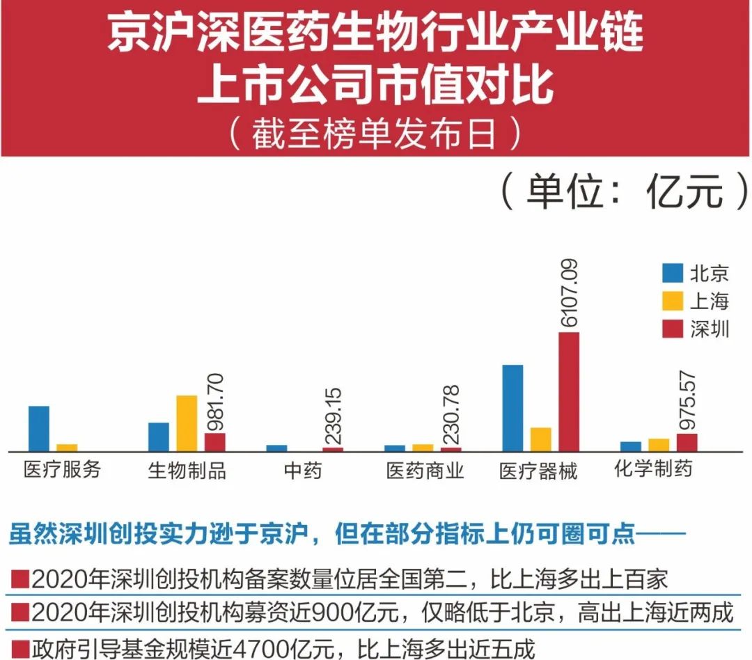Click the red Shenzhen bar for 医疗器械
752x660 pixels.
tap(568, 391)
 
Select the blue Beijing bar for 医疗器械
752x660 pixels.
tap(512, 407)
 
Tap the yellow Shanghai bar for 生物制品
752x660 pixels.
tap(187, 423)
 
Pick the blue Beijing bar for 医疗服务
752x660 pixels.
tap(39, 428)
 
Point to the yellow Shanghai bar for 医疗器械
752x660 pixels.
tap(540, 439)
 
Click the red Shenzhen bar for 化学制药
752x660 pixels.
tap(687, 442)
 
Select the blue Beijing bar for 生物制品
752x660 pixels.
tap(159, 437)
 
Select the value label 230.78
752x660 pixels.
tap(451, 417)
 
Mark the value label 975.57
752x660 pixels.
tap(687, 402)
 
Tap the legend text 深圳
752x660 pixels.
tap(710, 329)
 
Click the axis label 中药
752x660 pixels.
tap(303, 471)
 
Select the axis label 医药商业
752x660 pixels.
tap(425, 471)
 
